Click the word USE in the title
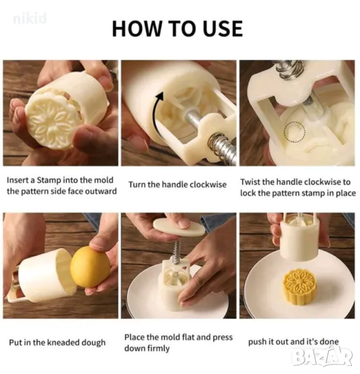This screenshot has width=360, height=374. pos(223,29)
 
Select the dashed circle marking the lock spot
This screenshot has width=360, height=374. pos(294,132)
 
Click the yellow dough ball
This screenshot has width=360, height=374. pos(90,267)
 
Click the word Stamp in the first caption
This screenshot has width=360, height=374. pos(49,180)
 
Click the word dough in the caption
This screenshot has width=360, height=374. pos(94,342)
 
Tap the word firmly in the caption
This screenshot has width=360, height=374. pos(158,348)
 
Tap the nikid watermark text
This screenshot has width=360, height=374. pos(30,19)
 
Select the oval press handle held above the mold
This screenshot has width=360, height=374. pos(179,227)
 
